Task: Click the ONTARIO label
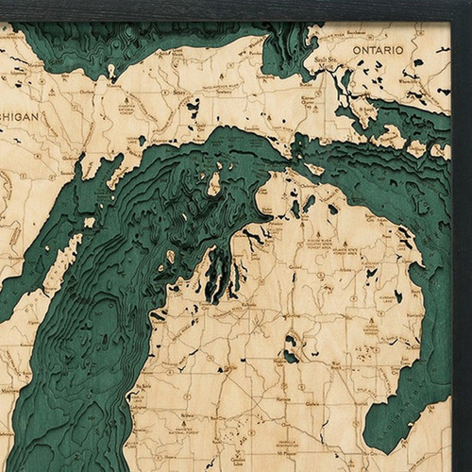pos(378,48)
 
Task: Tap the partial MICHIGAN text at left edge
pos(19,116)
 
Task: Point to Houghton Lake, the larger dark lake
pos(291,355)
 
